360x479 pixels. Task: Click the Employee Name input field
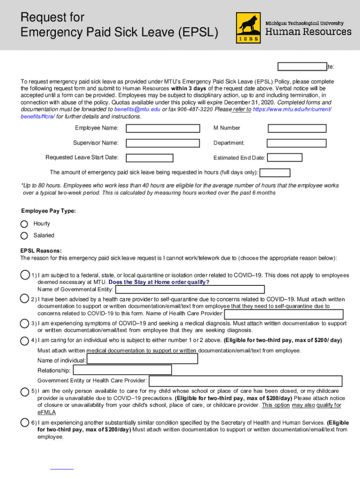pyautogui.click(x=163, y=128)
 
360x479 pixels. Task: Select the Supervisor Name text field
pyautogui.click(x=163, y=143)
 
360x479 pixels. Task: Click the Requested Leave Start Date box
pyautogui.click(x=163, y=158)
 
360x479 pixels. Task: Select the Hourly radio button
pyautogui.click(x=24, y=224)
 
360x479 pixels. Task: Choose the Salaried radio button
pyautogui.click(x=24, y=235)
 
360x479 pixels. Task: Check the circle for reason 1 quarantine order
pyautogui.click(x=25, y=275)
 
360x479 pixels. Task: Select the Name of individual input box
pyautogui.click(x=143, y=359)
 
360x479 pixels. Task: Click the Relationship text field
pyautogui.click(x=122, y=370)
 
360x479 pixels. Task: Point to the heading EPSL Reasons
pyautogui.click(x=41, y=251)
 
